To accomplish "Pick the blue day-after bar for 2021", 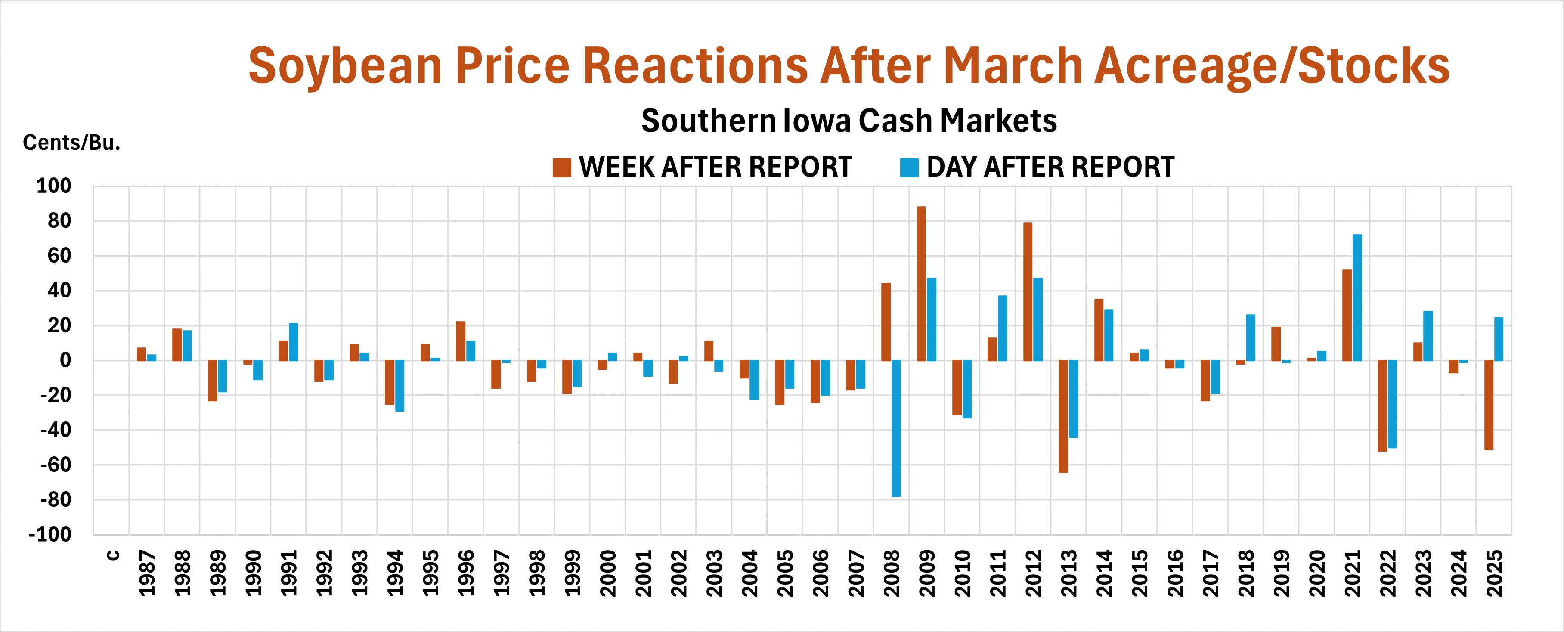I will (x=1357, y=297).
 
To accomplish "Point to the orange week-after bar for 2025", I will (x=1489, y=405).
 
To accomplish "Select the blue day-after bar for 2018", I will (x=1250, y=338).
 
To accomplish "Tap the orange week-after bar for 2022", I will (x=1382, y=406).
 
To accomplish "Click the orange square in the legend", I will (x=562, y=167).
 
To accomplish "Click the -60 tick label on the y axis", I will (x=55, y=465).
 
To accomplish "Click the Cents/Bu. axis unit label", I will (x=71, y=143).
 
